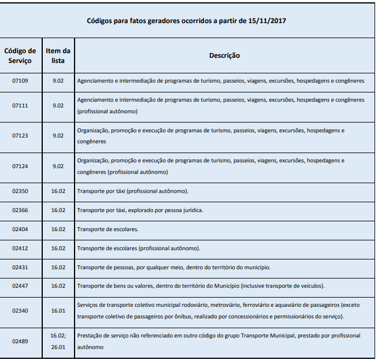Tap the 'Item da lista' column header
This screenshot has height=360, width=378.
(x=58, y=55)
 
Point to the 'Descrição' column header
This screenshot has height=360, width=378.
(x=224, y=55)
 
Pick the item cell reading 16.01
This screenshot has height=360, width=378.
(x=58, y=311)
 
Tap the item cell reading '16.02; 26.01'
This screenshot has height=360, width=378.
(x=58, y=341)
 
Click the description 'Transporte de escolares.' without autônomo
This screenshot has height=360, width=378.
(x=108, y=229)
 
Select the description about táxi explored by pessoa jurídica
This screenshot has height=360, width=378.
(x=140, y=210)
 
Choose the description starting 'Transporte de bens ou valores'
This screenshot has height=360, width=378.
(x=201, y=286)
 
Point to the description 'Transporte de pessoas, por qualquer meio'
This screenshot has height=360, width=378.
(x=173, y=267)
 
